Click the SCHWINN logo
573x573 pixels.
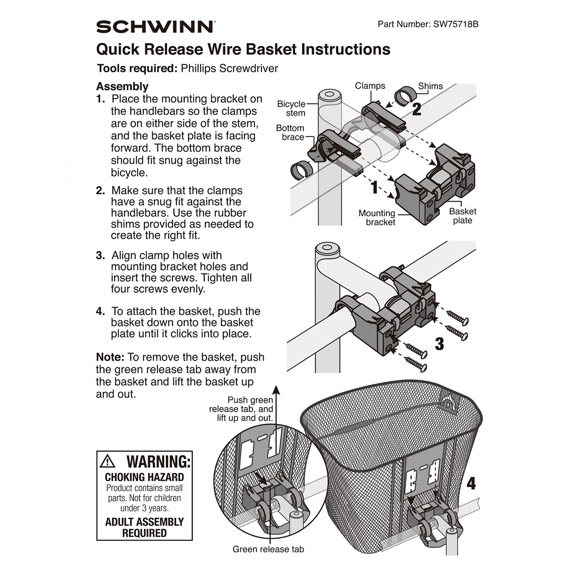[155, 27]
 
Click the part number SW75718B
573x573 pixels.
[456, 24]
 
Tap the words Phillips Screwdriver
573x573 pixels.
[229, 68]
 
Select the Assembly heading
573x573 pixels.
[122, 87]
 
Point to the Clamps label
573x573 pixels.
[370, 86]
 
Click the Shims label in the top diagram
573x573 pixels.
[430, 86]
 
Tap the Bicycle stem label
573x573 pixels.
[292, 109]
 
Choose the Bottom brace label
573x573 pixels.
[290, 133]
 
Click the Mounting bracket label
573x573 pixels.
[377, 218]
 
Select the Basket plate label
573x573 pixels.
[462, 216]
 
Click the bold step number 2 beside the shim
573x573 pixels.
[416, 110]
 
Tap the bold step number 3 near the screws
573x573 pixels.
[439, 344]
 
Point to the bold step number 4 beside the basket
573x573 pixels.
[471, 483]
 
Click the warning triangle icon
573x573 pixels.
[107, 462]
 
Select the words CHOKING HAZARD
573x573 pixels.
[144, 477]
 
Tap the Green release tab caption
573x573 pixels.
[268, 549]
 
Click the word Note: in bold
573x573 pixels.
[110, 357]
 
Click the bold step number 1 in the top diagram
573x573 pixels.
[374, 187]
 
